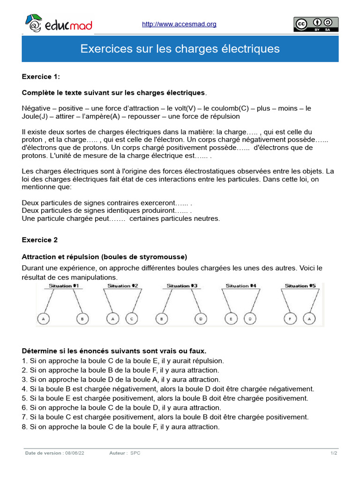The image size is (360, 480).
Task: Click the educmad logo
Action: click(58, 24)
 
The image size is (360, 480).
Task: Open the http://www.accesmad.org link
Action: click(179, 24)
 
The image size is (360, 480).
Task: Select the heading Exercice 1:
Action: click(41, 76)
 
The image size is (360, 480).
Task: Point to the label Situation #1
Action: click(64, 285)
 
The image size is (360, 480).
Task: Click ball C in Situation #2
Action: click(132, 319)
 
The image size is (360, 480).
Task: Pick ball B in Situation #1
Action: click(82, 319)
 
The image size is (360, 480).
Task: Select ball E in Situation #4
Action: click(231, 319)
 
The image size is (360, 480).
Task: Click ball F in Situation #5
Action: click(291, 319)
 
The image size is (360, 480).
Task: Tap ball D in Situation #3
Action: click(200, 319)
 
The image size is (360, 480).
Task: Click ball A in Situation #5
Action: click(309, 319)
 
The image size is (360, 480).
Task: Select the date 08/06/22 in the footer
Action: click(75, 453)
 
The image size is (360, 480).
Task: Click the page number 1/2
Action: click(333, 453)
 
